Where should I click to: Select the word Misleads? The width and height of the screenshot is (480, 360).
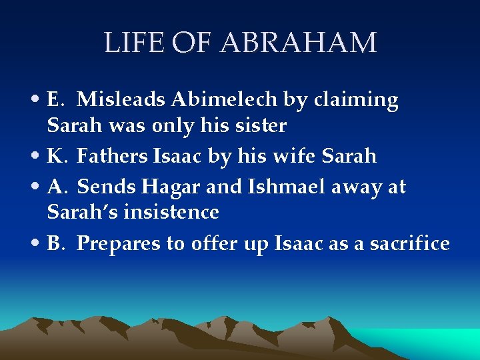click(x=121, y=99)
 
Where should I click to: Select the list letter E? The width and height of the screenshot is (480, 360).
click(x=55, y=99)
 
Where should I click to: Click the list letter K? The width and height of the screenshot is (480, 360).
click(x=55, y=156)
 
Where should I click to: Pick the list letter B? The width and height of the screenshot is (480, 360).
click(x=55, y=243)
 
